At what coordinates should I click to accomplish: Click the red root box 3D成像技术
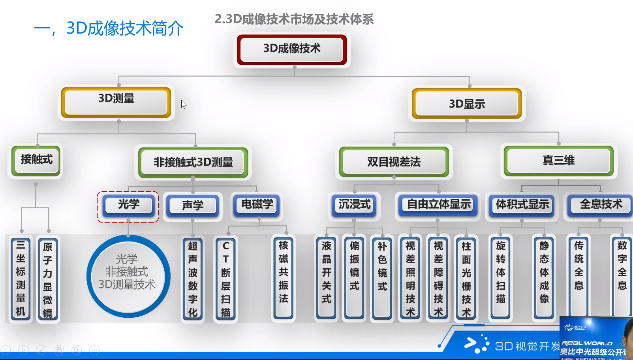(x=292, y=49)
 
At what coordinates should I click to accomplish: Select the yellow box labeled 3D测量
(x=116, y=102)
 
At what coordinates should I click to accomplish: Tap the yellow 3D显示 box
(x=467, y=104)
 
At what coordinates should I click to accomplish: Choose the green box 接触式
(x=36, y=160)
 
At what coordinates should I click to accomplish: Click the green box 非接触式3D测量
(x=193, y=162)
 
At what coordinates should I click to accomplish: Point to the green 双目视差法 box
(x=394, y=162)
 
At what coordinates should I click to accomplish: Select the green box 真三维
(x=558, y=160)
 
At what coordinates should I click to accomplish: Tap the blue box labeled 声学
(x=193, y=205)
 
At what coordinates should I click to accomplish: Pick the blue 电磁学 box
(x=257, y=205)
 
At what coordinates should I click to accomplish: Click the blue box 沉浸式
(x=354, y=205)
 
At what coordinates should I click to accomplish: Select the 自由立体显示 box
(x=438, y=205)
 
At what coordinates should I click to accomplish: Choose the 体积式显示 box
(x=522, y=205)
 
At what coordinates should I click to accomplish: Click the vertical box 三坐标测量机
(x=21, y=278)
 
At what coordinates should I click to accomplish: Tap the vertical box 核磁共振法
(x=283, y=277)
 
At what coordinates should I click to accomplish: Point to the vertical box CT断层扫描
(x=225, y=278)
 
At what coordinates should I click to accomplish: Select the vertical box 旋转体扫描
(x=500, y=277)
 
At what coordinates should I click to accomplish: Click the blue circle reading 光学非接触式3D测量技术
(x=128, y=276)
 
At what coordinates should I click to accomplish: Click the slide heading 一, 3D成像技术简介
(x=109, y=28)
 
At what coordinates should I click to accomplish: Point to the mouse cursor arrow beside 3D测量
(x=184, y=104)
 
